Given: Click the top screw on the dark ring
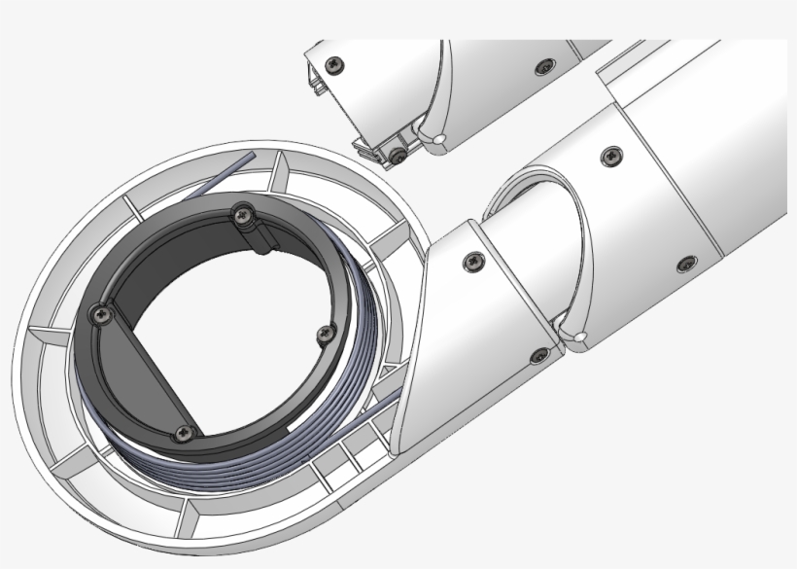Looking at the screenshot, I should (x=240, y=213).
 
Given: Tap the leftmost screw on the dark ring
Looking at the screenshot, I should (x=99, y=313).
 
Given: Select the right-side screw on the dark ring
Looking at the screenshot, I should (x=326, y=334).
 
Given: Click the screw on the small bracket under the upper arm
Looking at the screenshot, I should (x=398, y=154).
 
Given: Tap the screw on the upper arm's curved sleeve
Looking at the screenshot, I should (x=545, y=66).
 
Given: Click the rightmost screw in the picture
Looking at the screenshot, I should (x=687, y=264).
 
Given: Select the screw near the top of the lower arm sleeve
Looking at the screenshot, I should (x=611, y=155).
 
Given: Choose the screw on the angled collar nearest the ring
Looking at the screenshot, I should (x=473, y=261).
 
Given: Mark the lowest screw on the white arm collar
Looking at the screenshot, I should (x=537, y=356).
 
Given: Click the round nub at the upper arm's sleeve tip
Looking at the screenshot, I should (x=440, y=142).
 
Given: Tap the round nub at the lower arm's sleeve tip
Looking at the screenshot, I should (x=579, y=338).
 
